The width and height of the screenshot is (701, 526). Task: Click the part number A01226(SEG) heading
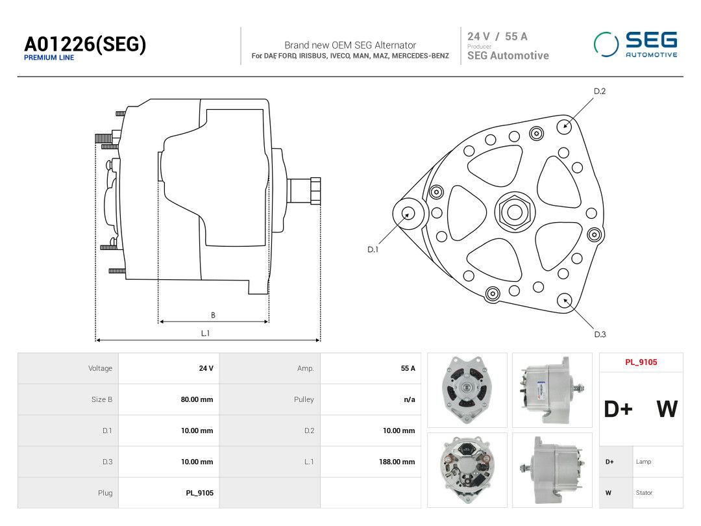coord(85,44)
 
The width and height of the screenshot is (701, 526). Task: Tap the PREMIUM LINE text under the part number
coord(49,58)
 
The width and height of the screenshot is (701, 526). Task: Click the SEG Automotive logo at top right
coord(635,44)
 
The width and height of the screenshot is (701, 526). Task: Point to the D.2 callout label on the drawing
coord(600,92)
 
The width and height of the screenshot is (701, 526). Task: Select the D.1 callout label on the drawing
coord(373,249)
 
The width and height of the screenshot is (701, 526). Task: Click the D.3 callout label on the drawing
coord(600,334)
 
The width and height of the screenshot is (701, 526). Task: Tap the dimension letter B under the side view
coord(214,316)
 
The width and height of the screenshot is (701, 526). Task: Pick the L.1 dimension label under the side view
coord(205,333)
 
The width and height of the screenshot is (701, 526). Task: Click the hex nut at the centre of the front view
coord(515,212)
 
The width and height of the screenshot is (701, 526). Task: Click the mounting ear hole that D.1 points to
coord(408,214)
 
